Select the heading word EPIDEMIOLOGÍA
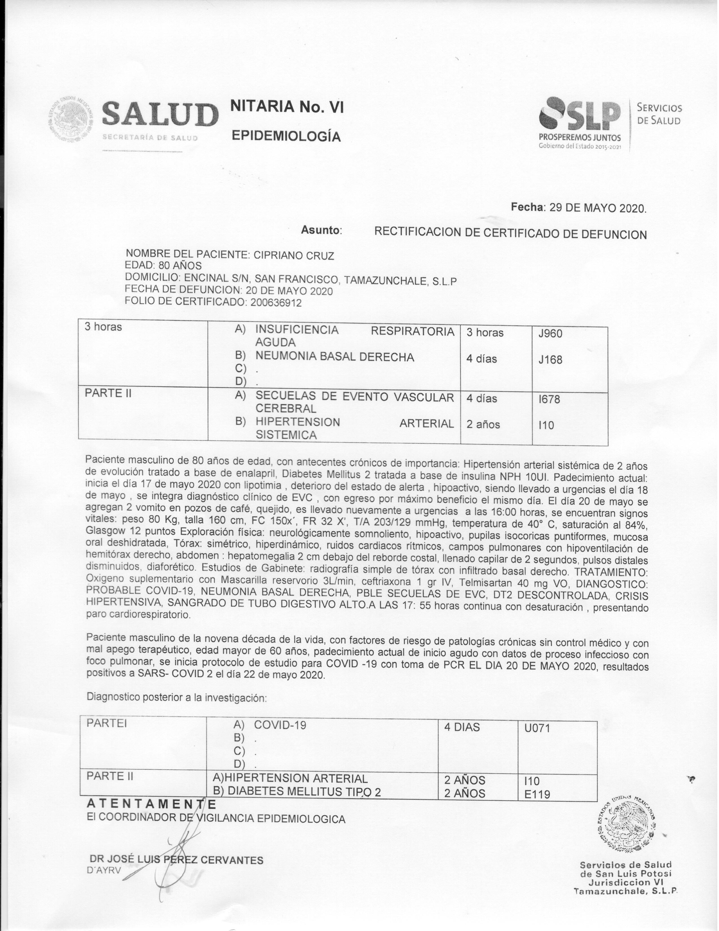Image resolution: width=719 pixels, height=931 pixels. tap(286, 137)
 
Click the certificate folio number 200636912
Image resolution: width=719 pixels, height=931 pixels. tap(276, 303)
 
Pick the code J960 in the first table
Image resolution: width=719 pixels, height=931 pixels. tap(550, 334)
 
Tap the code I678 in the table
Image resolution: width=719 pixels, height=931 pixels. tap(549, 399)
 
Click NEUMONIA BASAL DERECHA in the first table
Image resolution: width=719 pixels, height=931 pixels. tap(334, 357)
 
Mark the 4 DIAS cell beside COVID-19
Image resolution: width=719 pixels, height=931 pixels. tap(462, 727)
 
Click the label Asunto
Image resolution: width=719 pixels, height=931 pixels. tap(322, 230)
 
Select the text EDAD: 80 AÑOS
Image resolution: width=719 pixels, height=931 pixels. tap(164, 266)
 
